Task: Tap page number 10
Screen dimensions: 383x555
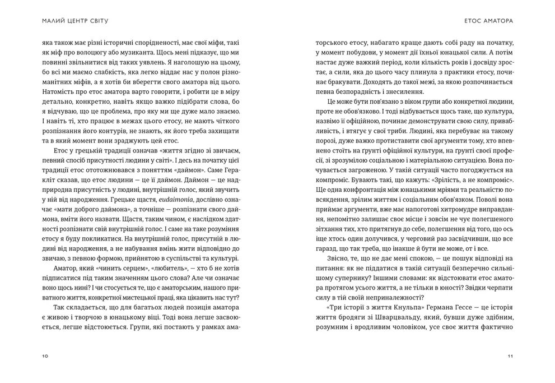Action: click(x=45, y=356)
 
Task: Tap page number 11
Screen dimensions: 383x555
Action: click(x=510, y=356)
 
